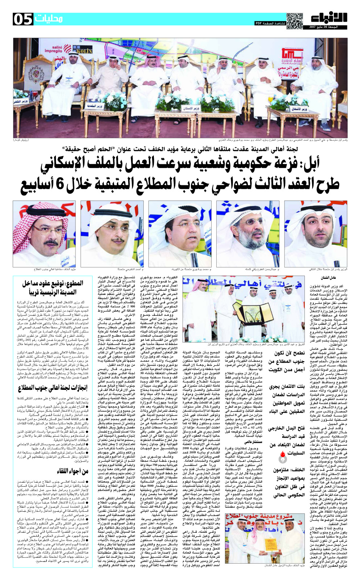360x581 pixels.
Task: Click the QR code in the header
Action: pyautogui.click(x=294, y=20)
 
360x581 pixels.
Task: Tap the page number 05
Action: pyautogui.click(x=23, y=19)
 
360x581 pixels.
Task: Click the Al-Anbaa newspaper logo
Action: pyautogui.click(x=329, y=18)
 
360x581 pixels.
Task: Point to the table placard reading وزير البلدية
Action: pyautogui.click(x=96, y=106)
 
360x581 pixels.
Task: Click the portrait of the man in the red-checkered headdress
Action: pyautogui.click(x=44, y=234)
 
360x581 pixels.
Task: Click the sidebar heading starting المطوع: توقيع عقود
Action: pyautogui.click(x=52, y=288)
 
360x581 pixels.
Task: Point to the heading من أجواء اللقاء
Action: pyautogui.click(x=73, y=471)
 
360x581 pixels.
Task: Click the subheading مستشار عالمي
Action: pyautogui.click(x=253, y=441)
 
